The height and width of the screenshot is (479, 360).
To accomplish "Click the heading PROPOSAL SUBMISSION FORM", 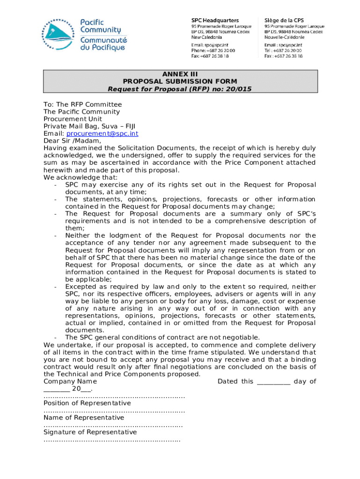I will (180, 81).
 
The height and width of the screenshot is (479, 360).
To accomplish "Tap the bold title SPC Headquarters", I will (215, 21).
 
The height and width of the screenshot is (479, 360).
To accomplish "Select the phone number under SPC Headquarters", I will (213, 50).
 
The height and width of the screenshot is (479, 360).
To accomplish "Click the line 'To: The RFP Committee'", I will (82, 104).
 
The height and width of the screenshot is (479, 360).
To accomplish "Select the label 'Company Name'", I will (70, 381).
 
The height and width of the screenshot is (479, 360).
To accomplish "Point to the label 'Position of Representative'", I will (87, 403).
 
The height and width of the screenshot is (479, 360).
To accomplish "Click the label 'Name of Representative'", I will (84, 417).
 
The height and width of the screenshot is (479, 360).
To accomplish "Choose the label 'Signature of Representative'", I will (90, 432).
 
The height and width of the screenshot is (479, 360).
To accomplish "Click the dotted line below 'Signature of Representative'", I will (112, 440).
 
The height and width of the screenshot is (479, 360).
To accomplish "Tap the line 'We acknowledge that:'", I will (80, 177).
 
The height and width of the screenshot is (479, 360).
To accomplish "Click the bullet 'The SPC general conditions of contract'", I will (162, 338).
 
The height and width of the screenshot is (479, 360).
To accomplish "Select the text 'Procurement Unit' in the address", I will (72, 119).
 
